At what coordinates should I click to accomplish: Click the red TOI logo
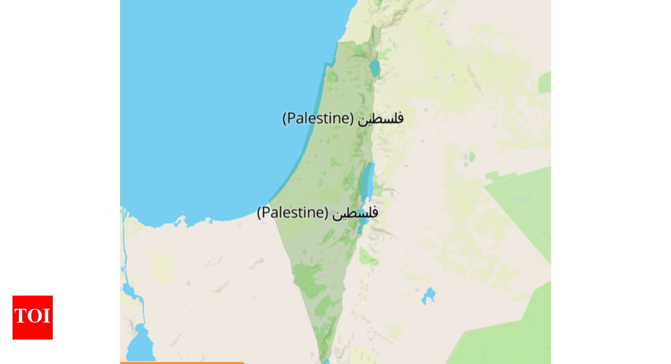pos(33,317)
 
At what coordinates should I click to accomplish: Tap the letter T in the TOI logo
pos(20,316)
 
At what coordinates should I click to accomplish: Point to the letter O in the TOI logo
pos(33,316)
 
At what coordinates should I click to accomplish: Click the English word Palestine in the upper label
pos(318,118)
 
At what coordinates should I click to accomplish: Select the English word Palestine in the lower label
pos(293,212)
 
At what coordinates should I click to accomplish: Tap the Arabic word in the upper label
pos(380,118)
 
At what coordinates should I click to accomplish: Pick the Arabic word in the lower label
pos(355,213)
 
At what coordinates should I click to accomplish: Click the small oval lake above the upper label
pos(374,68)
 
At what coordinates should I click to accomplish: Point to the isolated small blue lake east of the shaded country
pos(429,294)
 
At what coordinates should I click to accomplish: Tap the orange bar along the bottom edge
pos(182,362)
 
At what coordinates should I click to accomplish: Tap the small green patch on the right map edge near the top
pos(545,82)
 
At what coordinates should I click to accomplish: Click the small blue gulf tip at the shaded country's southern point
pos(325,361)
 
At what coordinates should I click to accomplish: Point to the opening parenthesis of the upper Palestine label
pos(286,118)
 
